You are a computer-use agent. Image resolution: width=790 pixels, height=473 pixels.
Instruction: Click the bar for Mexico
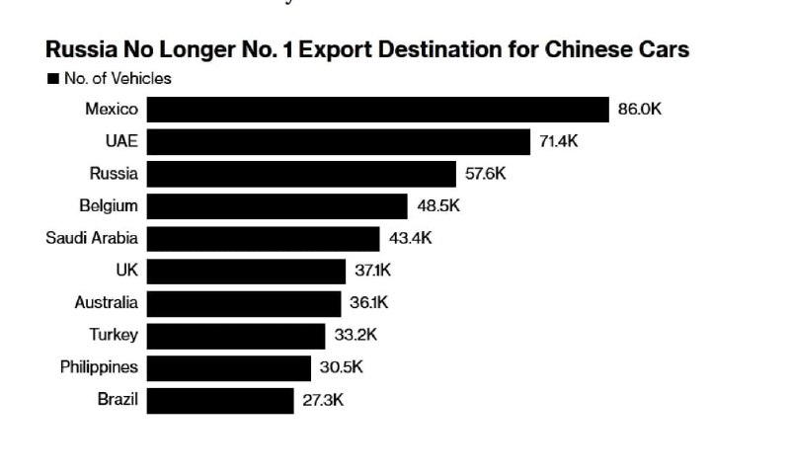pos(378,110)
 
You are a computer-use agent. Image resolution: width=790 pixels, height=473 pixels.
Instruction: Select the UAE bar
pos(339,141)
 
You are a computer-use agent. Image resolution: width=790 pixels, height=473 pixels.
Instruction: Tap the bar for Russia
pos(301,174)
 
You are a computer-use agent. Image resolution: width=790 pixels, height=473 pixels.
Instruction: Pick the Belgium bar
pos(277,206)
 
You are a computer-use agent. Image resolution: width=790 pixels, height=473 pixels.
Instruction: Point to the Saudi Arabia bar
pos(263,238)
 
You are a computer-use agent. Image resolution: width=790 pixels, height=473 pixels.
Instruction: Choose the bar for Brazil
pos(220,401)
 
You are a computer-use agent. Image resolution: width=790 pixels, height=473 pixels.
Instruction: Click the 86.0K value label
pos(639,109)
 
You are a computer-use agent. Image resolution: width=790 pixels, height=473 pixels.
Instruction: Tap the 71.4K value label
pos(558,141)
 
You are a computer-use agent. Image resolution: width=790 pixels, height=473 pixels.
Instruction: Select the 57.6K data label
pos(485,173)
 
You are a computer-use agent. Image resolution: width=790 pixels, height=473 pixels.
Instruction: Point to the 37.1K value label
pos(373,270)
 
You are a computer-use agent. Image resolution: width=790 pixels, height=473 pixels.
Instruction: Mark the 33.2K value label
pos(355,335)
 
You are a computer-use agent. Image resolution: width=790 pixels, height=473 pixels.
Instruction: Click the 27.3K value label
pos(323,400)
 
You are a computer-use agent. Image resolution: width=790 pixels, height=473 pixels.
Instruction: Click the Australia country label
pos(107,302)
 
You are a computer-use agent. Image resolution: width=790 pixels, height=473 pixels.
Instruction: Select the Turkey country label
pos(114,335)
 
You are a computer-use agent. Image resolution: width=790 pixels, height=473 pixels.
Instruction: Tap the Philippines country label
pos(100,367)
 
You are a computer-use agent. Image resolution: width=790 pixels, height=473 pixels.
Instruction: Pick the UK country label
pos(127,270)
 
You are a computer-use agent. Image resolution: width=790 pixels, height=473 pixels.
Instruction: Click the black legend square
pos(53,79)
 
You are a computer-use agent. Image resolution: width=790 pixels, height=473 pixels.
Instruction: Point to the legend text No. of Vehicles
pos(118,79)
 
